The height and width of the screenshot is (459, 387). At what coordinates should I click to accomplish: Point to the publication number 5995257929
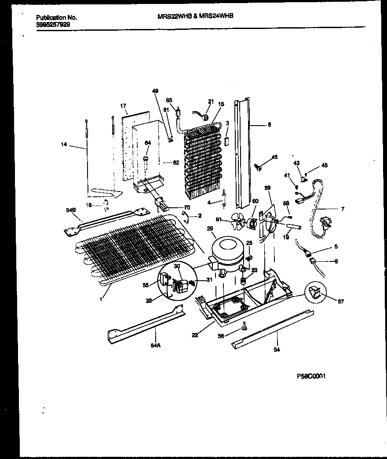[x=52, y=25]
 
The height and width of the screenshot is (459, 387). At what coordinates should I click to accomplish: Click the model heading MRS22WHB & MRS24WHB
[x=195, y=15]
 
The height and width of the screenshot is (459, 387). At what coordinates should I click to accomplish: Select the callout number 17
[x=123, y=106]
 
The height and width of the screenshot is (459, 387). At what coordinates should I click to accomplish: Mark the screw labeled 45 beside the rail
[x=259, y=166]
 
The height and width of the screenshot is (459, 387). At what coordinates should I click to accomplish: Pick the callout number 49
[x=155, y=91]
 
